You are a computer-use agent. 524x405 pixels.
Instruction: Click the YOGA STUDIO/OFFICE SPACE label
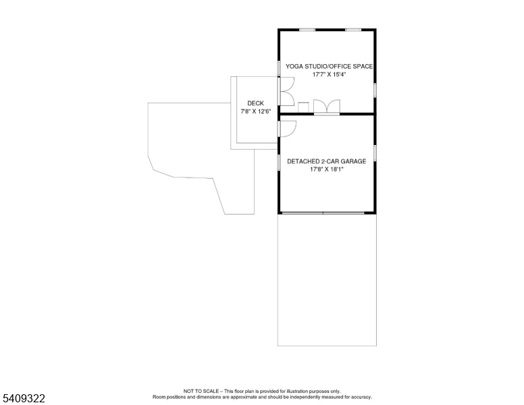click(329, 67)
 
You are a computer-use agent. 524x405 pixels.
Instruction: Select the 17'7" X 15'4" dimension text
click(329, 74)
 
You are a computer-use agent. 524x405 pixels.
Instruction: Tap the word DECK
click(255, 103)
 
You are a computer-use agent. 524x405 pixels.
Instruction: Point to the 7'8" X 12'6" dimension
click(255, 111)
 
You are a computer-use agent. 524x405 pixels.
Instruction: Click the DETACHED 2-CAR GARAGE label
click(327, 161)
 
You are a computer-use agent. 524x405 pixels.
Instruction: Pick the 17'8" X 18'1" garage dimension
click(327, 169)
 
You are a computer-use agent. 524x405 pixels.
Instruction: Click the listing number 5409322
click(24, 398)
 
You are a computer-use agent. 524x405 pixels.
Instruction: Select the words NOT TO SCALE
click(201, 391)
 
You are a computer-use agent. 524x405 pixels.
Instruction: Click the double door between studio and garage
click(327, 107)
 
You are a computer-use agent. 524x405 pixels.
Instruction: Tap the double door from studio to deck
click(286, 92)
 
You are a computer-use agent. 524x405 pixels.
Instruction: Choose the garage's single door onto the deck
click(287, 129)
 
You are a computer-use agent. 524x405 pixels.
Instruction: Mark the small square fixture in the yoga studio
click(303, 107)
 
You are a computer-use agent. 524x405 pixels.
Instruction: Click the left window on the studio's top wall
click(307, 30)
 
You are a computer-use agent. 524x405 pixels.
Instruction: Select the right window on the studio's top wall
click(353, 30)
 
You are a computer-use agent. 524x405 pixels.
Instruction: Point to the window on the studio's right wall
click(375, 90)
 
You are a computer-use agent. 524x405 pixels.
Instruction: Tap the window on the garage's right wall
click(375, 153)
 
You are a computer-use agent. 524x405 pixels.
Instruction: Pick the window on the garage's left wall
click(279, 163)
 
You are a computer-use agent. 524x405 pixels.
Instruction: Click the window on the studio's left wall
click(279, 67)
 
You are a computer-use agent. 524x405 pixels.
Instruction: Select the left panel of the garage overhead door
click(303, 213)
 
